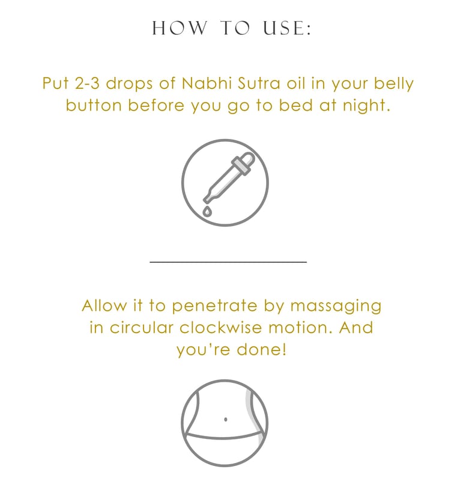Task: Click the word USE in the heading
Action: click(x=286, y=28)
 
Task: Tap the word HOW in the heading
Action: click(x=180, y=28)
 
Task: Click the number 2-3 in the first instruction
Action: click(x=87, y=83)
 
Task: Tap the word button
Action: click(x=94, y=105)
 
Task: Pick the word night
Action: click(x=366, y=106)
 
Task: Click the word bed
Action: click(x=295, y=105)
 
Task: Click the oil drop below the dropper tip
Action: click(x=207, y=211)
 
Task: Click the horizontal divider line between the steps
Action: click(x=228, y=262)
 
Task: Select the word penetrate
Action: click(x=214, y=307)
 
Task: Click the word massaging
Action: click(x=336, y=307)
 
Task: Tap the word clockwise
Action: click(x=220, y=327)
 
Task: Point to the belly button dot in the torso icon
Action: click(x=226, y=419)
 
